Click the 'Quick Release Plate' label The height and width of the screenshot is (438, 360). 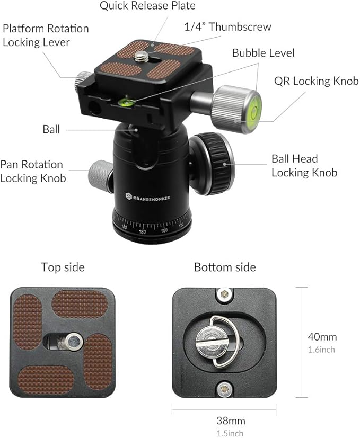coord(147,6)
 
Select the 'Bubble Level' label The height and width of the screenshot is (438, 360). coord(263,53)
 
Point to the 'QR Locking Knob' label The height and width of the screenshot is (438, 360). coord(316,82)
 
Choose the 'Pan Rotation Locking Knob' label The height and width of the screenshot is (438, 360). coord(33,171)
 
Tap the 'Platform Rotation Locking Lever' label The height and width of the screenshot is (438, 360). coord(46,35)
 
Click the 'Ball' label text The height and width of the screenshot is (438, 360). coord(51,129)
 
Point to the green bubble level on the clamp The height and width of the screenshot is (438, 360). coord(127,101)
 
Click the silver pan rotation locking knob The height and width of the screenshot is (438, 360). coord(100,174)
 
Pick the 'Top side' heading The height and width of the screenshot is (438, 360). coord(63,267)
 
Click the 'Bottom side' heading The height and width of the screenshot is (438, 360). coord(225,267)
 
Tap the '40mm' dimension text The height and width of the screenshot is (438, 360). coord(322,337)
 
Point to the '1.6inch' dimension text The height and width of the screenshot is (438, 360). coord(321,350)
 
